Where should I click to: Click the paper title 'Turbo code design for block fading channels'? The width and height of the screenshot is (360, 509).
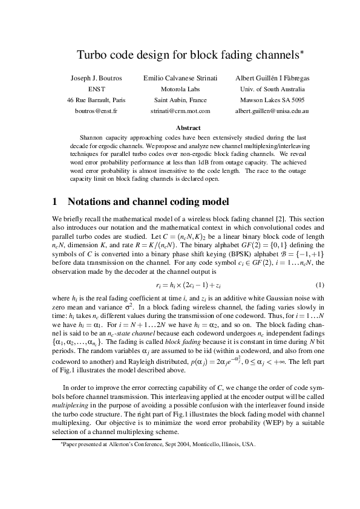point(180,55)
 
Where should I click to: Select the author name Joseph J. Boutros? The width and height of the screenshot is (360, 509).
point(97,79)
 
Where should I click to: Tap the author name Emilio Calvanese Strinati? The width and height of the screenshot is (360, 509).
point(180,79)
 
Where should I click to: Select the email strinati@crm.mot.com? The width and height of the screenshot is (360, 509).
point(180,111)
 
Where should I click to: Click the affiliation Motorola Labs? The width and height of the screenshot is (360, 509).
point(180,89)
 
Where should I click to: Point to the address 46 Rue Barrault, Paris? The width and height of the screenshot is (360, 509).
point(97,100)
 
